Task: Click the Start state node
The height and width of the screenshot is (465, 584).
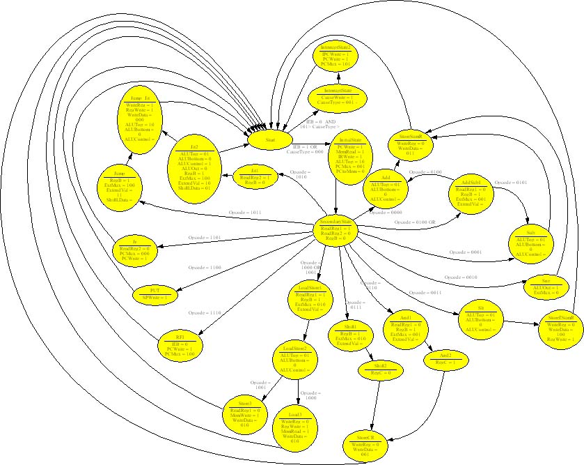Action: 270,140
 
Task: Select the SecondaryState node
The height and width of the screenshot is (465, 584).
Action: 336,229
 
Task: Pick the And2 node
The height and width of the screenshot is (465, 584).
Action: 446,359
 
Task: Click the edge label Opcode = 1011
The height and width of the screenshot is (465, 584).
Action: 246,212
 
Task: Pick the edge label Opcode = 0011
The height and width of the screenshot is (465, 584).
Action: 426,293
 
